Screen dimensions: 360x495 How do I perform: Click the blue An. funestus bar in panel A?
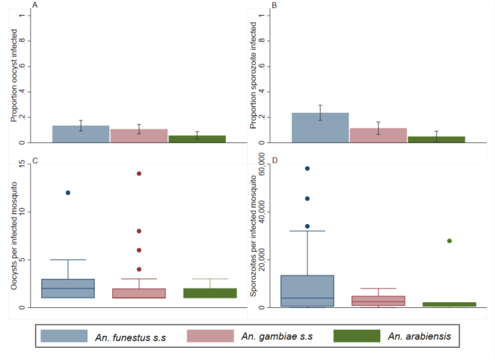(x=80, y=134)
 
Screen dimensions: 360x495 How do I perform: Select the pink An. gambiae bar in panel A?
(x=139, y=136)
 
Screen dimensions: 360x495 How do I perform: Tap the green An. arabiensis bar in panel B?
(x=436, y=139)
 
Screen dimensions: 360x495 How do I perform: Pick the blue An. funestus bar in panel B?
(x=320, y=128)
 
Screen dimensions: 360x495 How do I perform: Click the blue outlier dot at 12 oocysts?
(x=68, y=193)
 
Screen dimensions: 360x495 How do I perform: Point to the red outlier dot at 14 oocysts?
(x=139, y=173)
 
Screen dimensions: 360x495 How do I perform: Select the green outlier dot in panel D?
(x=449, y=241)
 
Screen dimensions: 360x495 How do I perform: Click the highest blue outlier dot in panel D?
(x=307, y=168)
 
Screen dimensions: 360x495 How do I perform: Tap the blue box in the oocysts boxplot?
(x=68, y=288)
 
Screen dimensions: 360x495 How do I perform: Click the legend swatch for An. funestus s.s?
(x=65, y=336)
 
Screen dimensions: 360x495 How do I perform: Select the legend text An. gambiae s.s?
(x=272, y=336)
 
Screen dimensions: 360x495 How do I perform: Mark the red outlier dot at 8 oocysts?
(x=139, y=231)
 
